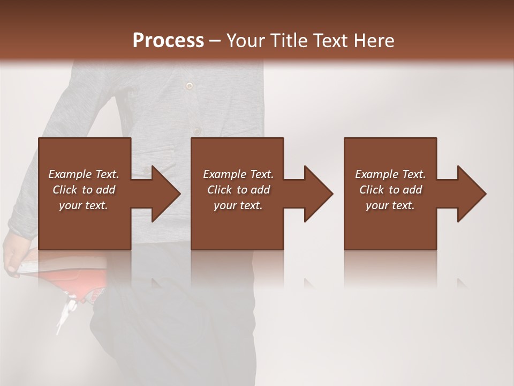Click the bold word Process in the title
(168, 41)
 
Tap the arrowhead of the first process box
(165, 194)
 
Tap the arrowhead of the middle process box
(318, 194)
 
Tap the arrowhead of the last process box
(471, 194)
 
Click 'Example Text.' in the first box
(84, 174)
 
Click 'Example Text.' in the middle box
(238, 174)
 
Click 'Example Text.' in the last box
(390, 174)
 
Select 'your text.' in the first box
(84, 205)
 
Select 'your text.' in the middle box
(238, 205)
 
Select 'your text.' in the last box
(390, 205)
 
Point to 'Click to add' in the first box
(84, 190)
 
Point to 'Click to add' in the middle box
(238, 190)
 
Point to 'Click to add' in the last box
(390, 190)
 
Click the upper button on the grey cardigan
(188, 85)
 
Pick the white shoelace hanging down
(65, 314)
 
